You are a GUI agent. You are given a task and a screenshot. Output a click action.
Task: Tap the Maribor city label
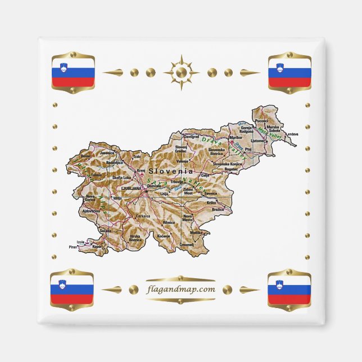click(x=236, y=137)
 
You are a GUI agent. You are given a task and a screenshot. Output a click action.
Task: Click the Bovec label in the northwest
click(x=85, y=156)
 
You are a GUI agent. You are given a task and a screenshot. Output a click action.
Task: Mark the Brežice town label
click(x=218, y=209)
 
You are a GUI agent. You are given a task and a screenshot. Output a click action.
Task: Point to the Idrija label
click(x=117, y=198)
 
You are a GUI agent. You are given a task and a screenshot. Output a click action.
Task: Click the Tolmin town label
click(x=97, y=175)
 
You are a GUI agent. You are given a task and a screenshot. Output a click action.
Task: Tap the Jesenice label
click(x=107, y=152)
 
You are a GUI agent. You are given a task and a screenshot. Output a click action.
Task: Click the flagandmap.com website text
click(x=180, y=289)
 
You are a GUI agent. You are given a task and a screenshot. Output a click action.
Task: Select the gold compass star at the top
click(x=181, y=72)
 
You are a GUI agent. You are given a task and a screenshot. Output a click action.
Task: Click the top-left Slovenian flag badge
click(x=73, y=73)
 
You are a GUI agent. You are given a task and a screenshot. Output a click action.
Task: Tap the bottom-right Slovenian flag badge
click(x=289, y=289)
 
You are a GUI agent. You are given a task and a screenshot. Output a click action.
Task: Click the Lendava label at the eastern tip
click(x=292, y=134)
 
